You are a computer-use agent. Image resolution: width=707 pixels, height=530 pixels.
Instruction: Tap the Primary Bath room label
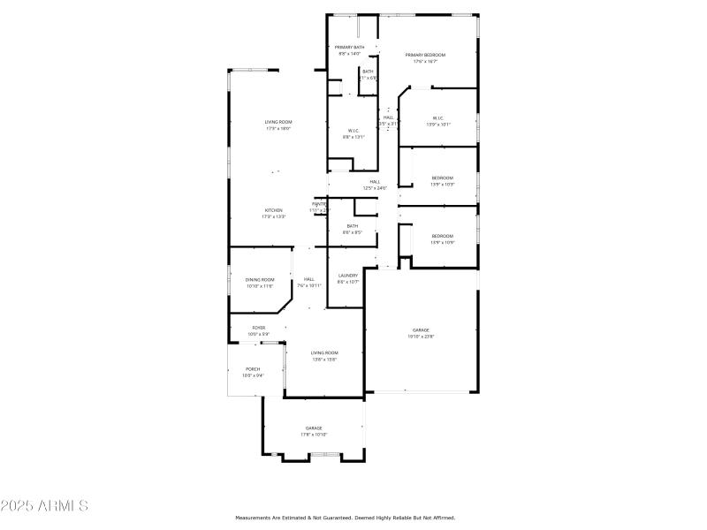click(349, 47)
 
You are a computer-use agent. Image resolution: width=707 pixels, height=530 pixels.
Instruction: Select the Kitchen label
click(272, 209)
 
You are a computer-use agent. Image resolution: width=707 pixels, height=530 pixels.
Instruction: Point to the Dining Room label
click(260, 279)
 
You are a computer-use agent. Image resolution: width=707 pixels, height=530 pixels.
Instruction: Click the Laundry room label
click(348, 276)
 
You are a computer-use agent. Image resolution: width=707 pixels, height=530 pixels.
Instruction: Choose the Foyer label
click(259, 327)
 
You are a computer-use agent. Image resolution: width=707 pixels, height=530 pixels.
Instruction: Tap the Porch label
click(253, 368)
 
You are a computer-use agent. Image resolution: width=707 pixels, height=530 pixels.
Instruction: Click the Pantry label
click(318, 204)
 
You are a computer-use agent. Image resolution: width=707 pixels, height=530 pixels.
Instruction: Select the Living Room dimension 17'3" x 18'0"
click(278, 129)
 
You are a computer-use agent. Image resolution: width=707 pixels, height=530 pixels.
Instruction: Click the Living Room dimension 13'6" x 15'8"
click(323, 359)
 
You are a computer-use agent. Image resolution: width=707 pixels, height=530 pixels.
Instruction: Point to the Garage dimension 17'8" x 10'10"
click(314, 435)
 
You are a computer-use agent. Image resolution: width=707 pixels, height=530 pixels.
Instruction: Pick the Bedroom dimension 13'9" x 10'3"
click(442, 184)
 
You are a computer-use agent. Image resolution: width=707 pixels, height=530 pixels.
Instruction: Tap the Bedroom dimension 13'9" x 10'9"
click(442, 242)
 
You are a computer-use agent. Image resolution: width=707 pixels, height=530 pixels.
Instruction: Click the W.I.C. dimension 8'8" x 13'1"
click(353, 137)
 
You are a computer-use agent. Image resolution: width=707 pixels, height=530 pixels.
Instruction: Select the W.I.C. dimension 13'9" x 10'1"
click(438, 125)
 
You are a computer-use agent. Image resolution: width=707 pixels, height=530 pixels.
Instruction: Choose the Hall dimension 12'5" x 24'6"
click(375, 188)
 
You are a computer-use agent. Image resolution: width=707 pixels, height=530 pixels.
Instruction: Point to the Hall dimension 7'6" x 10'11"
click(309, 285)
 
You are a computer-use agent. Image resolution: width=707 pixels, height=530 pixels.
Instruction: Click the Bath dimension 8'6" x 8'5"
click(353, 232)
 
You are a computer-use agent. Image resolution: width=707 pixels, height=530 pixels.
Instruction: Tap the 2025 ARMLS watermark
click(44, 506)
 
